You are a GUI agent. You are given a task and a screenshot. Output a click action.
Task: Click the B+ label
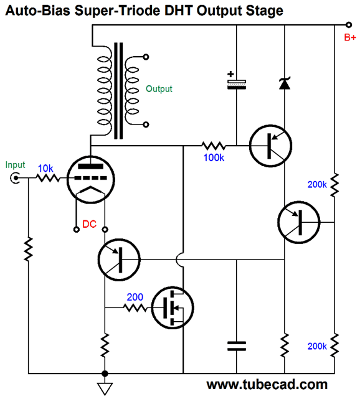point(350,37)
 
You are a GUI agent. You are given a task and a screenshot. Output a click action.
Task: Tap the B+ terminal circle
point(349,25)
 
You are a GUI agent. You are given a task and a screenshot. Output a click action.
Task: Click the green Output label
point(159,89)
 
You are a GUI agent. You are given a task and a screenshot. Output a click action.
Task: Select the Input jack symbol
point(15,178)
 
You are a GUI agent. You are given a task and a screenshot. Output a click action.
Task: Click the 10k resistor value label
point(45,168)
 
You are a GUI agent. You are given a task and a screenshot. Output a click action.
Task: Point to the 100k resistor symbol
point(214,146)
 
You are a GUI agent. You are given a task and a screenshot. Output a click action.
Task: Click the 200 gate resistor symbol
point(135,308)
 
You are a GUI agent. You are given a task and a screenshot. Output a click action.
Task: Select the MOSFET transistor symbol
point(173,307)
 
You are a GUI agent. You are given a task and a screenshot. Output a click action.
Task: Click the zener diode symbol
point(285,83)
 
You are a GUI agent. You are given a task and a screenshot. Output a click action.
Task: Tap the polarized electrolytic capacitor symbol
point(237,82)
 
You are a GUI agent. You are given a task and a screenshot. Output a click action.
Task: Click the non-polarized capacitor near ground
point(237,346)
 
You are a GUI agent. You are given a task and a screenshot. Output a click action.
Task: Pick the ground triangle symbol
point(105,388)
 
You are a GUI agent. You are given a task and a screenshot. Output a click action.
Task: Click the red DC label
point(89,224)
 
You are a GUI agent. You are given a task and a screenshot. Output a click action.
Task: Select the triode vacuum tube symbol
point(91,180)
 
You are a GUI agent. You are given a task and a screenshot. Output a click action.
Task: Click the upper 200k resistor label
point(317,184)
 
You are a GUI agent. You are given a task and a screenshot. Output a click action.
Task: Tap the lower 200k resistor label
point(317,346)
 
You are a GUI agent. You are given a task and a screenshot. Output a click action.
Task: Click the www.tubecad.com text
point(267,385)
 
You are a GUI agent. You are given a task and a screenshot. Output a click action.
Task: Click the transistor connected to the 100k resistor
point(271,146)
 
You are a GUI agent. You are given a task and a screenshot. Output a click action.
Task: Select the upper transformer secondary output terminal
point(146,57)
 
